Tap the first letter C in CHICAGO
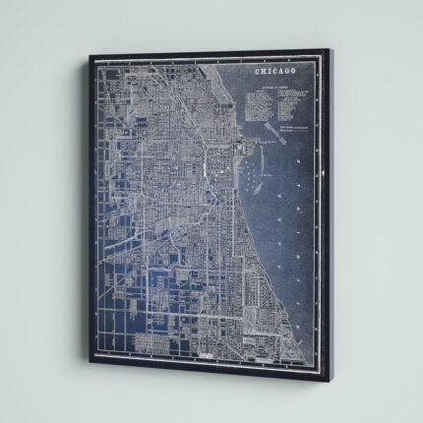pyautogui.click(x=258, y=72)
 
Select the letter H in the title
pyautogui.click(x=264, y=72)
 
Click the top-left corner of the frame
pyautogui.click(x=90, y=56)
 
